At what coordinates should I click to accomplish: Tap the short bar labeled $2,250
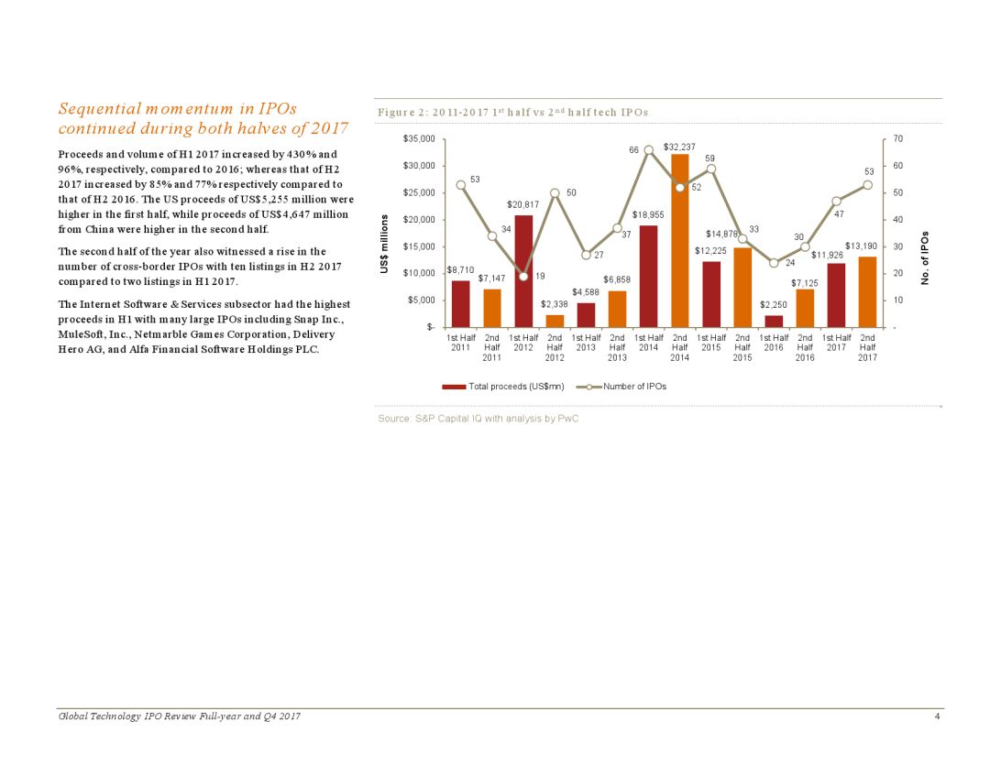(774, 322)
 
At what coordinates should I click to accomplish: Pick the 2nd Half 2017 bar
(867, 291)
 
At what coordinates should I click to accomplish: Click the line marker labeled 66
(648, 150)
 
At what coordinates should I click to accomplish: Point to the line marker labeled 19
(523, 276)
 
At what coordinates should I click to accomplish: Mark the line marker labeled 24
(774, 263)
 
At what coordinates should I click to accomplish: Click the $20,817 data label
(522, 204)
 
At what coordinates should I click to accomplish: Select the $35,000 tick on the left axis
(421, 139)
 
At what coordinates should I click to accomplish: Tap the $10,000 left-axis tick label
(421, 273)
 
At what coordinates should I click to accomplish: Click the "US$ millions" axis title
(385, 242)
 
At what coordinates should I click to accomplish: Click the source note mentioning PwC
(478, 418)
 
